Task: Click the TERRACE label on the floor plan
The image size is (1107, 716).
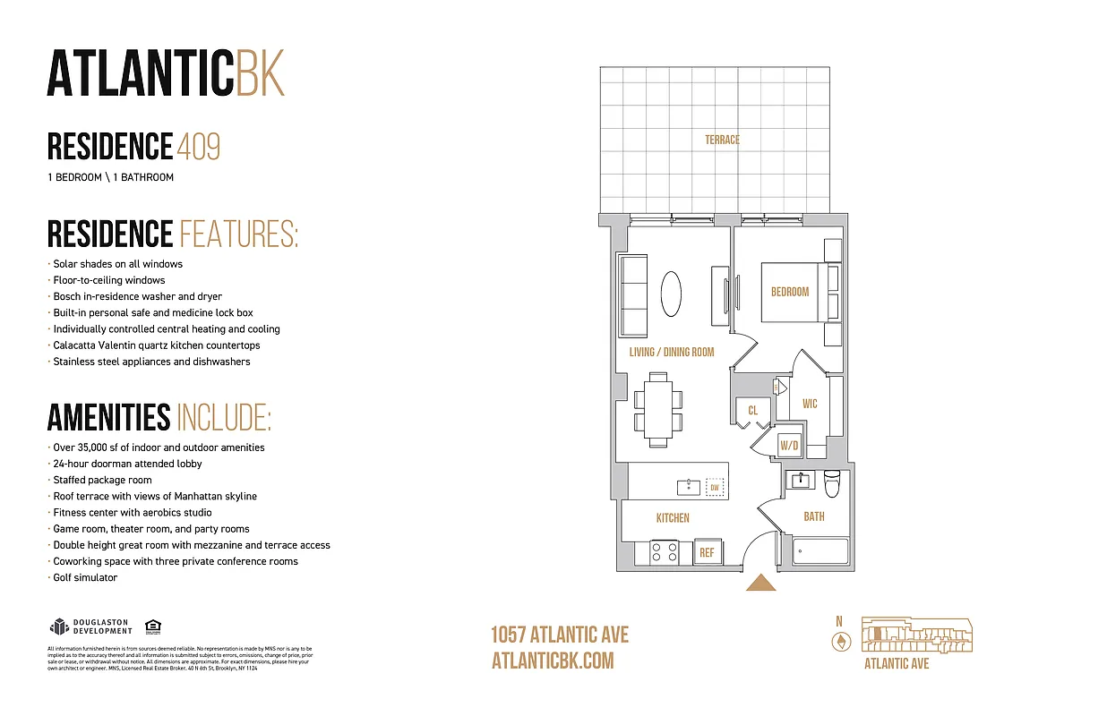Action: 722,140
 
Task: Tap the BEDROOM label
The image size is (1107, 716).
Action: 789,292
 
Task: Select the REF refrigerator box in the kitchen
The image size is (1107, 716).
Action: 707,552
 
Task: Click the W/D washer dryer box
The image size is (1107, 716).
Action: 789,445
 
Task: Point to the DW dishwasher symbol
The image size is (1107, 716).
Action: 714,488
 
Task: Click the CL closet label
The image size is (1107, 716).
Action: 753,411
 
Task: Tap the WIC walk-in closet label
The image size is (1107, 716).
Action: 810,404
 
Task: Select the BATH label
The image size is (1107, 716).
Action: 813,516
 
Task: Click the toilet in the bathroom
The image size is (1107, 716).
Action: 831,484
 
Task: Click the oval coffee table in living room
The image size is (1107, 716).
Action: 670,293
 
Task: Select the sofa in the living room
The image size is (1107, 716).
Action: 633,293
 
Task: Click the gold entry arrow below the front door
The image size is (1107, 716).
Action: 761,583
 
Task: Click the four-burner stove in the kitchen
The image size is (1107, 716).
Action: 665,551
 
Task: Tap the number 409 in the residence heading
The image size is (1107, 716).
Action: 198,146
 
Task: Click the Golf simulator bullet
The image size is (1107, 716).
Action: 85,577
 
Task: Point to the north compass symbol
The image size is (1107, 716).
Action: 840,641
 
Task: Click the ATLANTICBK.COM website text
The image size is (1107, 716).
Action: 553,661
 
